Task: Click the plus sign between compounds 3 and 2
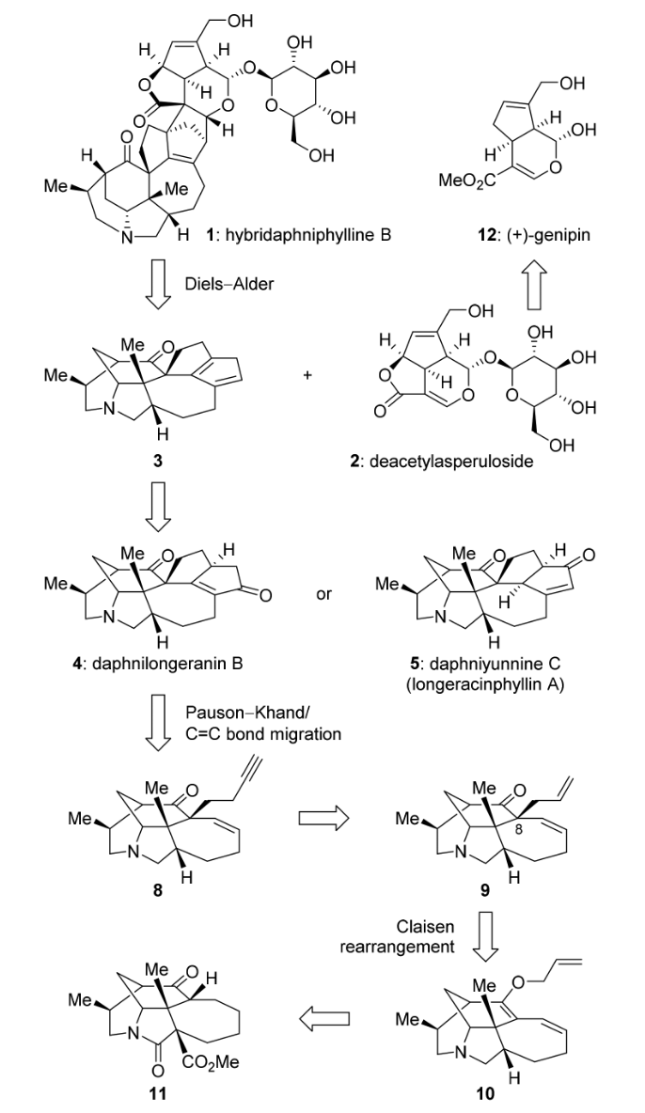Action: click(x=307, y=376)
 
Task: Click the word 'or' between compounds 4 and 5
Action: click(x=323, y=595)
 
